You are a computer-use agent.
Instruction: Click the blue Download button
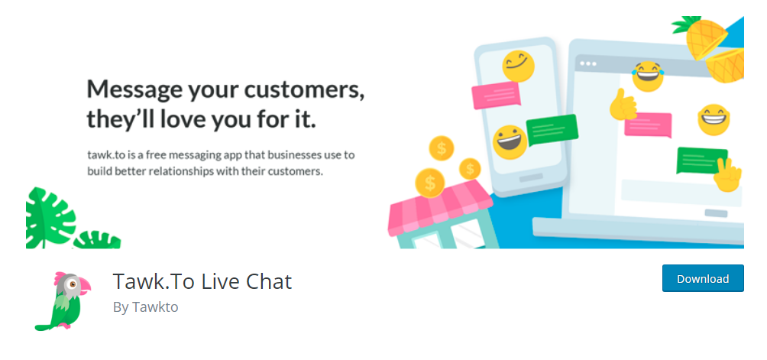pyautogui.click(x=703, y=278)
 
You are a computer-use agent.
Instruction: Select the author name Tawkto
pyautogui.click(x=155, y=307)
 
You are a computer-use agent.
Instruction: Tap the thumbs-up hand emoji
pyautogui.click(x=622, y=105)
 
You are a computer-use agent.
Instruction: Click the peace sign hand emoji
pyautogui.click(x=728, y=175)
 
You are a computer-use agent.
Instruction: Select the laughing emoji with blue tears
pyautogui.click(x=647, y=76)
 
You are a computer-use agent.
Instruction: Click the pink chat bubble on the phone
pyautogui.click(x=496, y=95)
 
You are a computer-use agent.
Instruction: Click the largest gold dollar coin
pyautogui.click(x=430, y=183)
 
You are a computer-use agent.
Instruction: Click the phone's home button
pyautogui.click(x=531, y=177)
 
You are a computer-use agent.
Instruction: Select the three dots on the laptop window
pyautogui.click(x=588, y=64)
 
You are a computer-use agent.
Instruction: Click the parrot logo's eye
pyautogui.click(x=73, y=284)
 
